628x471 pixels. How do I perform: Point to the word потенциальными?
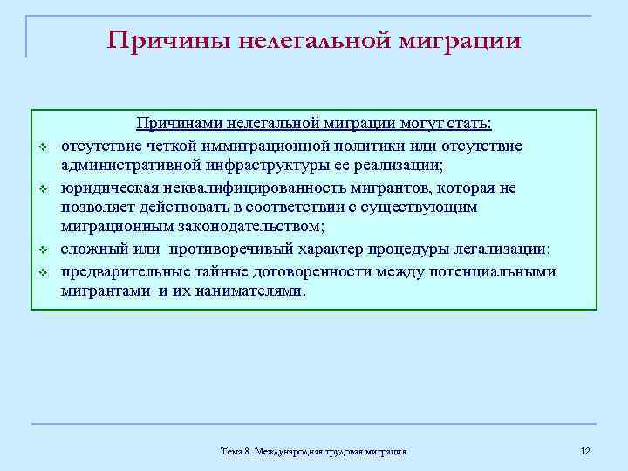(489, 271)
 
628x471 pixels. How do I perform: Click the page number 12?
(585, 450)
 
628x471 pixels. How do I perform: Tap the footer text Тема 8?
(235, 451)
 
